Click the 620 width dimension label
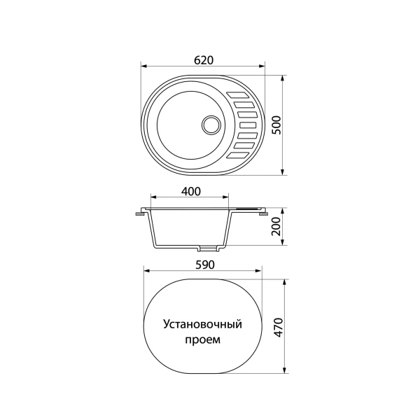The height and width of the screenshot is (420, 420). click(204, 60)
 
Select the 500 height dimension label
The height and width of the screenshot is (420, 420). click(276, 125)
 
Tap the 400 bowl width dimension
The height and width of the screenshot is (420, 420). click(190, 191)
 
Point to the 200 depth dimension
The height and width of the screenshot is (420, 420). click(276, 226)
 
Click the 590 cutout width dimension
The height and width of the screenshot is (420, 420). click(205, 265)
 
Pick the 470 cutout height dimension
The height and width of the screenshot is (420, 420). click(279, 328)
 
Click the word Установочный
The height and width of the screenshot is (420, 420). click(202, 324)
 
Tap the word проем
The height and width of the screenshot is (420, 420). click(203, 340)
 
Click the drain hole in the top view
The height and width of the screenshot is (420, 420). click(211, 125)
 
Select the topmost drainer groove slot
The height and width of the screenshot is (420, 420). click(238, 94)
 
